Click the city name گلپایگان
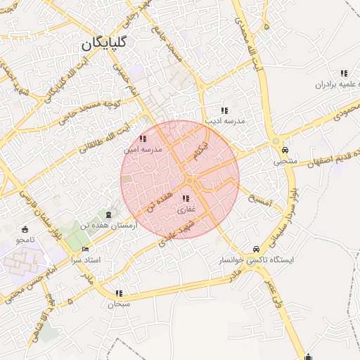(x=104, y=42)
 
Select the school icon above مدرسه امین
(x=143, y=139)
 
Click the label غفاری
(x=186, y=209)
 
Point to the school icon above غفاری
(x=186, y=199)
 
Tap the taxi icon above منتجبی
(x=285, y=150)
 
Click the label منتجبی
(x=286, y=161)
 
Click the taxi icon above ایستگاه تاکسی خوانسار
(x=255, y=249)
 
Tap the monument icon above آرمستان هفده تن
(x=108, y=214)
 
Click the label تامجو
(x=25, y=240)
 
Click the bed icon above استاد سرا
(x=86, y=250)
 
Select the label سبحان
(x=119, y=304)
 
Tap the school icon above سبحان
(x=118, y=293)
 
